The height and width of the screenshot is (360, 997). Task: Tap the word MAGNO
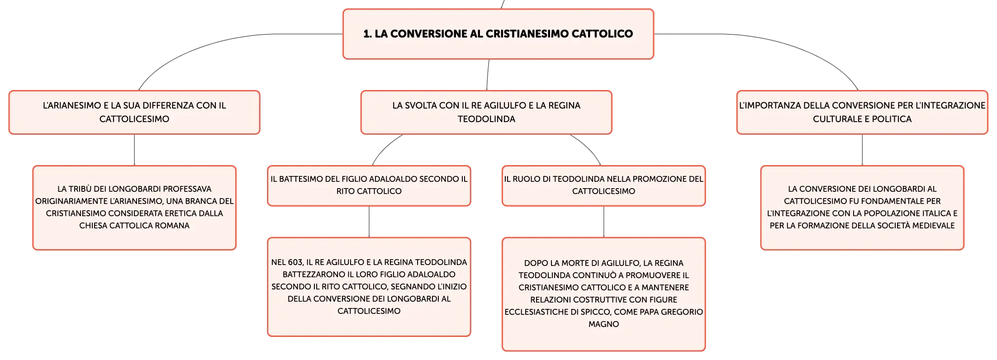tap(603, 324)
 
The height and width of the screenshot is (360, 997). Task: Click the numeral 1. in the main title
tap(367, 34)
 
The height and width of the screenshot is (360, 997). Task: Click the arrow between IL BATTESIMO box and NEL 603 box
tap(369, 222)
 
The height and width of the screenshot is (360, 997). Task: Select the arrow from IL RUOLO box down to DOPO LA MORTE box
tap(604, 222)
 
